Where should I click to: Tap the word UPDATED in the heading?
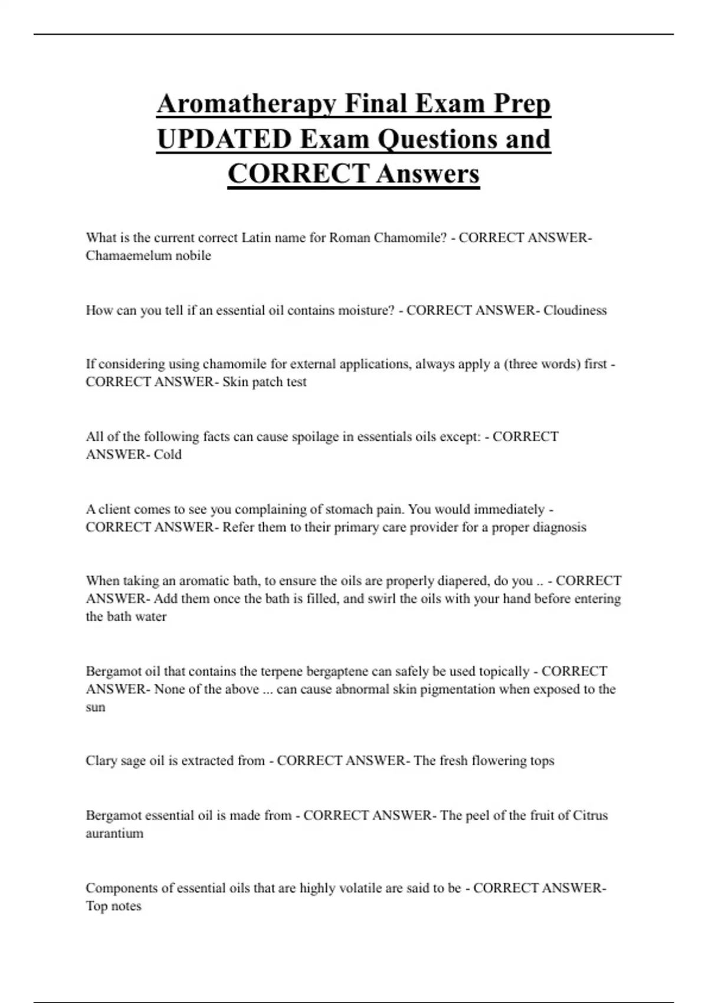click(x=224, y=140)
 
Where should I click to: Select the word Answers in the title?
click(x=428, y=174)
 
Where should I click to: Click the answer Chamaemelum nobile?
click(x=148, y=255)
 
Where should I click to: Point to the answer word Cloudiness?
click(x=575, y=310)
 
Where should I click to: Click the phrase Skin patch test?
click(x=264, y=382)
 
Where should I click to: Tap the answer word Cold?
click(x=168, y=454)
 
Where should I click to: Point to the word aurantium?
click(x=114, y=834)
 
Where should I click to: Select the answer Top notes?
click(x=113, y=906)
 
